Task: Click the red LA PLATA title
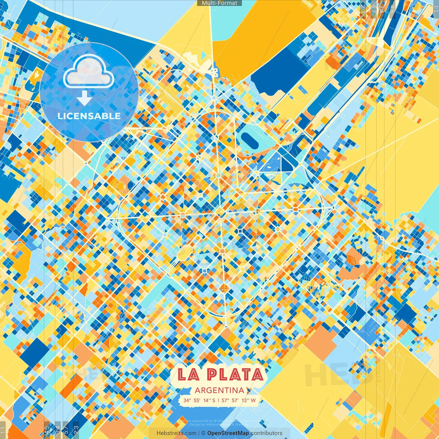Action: [x=221, y=375]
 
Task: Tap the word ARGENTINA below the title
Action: [x=219, y=390]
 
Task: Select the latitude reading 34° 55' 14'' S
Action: [x=199, y=400]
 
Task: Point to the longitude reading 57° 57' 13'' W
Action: [x=239, y=400]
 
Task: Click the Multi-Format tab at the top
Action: [x=219, y=3]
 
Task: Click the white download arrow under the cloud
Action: [x=84, y=98]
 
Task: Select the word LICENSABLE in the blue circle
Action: [x=89, y=116]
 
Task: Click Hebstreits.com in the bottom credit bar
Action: [x=176, y=433]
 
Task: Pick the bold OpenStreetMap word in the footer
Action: [x=228, y=433]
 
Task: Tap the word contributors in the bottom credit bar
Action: [x=266, y=433]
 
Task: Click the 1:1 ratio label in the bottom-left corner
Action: [x=3, y=430]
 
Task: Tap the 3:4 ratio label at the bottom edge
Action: [x=58, y=430]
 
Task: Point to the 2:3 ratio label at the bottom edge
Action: [x=76, y=430]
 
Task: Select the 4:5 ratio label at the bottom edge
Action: [x=47, y=430]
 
